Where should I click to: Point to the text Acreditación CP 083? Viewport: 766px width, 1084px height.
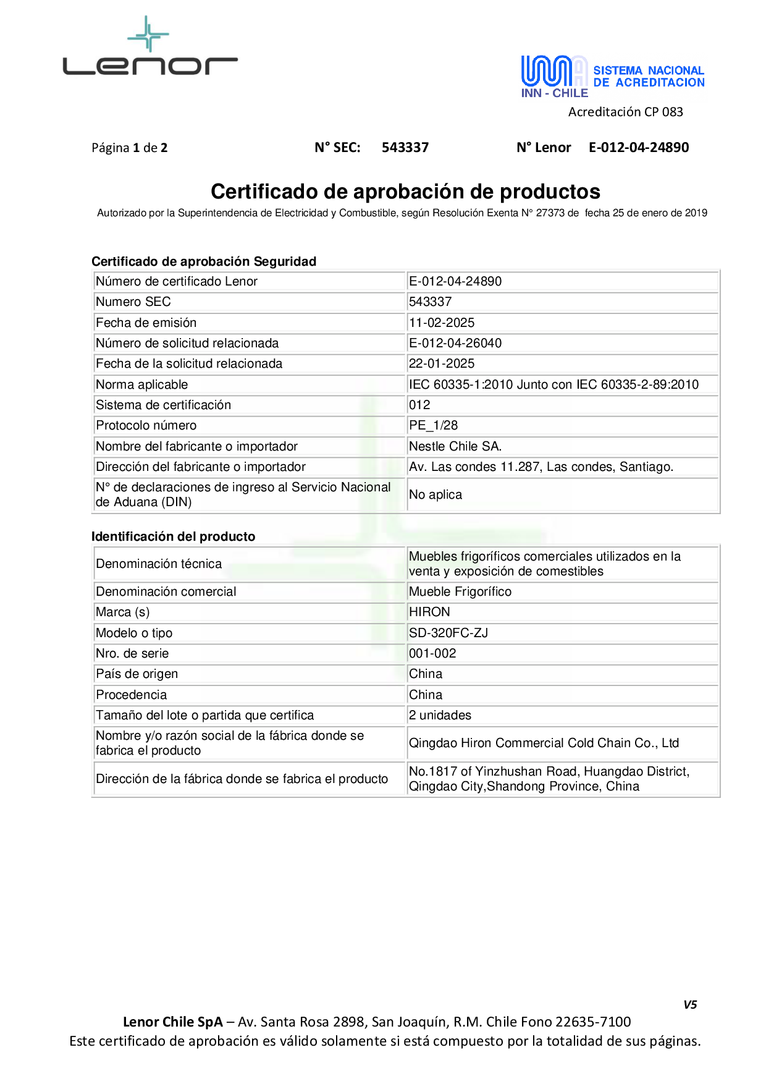[625, 112]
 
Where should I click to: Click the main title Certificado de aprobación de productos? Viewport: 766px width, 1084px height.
[405, 192]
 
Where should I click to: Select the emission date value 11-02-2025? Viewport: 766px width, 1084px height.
[442, 323]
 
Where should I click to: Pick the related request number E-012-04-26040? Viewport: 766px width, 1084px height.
[455, 343]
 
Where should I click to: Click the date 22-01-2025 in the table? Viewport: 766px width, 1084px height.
[442, 363]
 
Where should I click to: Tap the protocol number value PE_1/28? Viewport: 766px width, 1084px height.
[433, 425]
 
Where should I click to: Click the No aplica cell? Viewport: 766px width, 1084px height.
[436, 494]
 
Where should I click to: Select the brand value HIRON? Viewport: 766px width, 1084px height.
[429, 612]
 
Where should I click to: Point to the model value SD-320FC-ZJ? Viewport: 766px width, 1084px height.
[448, 633]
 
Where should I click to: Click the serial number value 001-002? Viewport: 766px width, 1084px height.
[432, 653]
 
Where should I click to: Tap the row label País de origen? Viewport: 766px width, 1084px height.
[137, 674]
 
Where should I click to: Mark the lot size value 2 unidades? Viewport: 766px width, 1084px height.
[440, 715]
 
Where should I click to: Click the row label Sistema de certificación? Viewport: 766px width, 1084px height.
[163, 405]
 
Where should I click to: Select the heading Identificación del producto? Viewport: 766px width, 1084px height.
[173, 536]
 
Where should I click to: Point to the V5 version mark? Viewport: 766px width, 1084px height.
[690, 1004]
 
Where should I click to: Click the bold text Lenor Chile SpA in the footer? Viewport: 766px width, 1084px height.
[172, 1022]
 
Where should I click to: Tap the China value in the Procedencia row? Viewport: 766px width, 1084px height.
[426, 695]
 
